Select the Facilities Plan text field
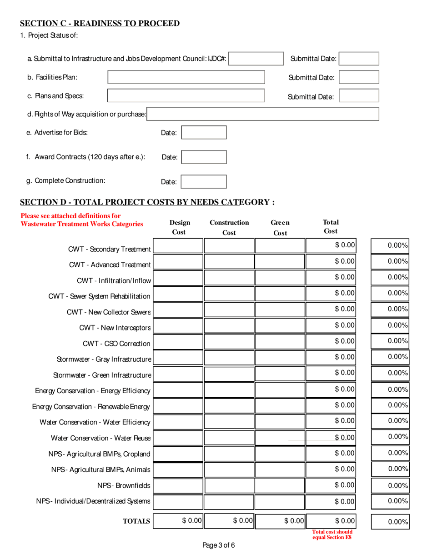pyautogui.click(x=186, y=77)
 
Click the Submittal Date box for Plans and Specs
pyautogui.click(x=359, y=96)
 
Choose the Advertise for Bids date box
pyautogui.click(x=204, y=133)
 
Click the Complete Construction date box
pyautogui.click(x=204, y=181)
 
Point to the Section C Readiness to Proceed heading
pyautogui.click(x=100, y=24)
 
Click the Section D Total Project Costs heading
pyautogui.click(x=147, y=202)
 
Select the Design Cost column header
pyautogui.click(x=179, y=228)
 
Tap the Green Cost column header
pyautogui.click(x=280, y=228)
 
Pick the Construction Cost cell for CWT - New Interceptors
pyautogui.click(x=229, y=326)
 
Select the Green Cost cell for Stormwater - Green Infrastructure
pyautogui.click(x=280, y=374)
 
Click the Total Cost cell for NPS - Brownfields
pyautogui.click(x=331, y=485)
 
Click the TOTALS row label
pyautogui.click(x=136, y=521)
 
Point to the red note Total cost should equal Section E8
pyautogui.click(x=332, y=535)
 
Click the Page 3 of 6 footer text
pyautogui.click(x=218, y=546)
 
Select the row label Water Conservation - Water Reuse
pyautogui.click(x=100, y=438)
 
